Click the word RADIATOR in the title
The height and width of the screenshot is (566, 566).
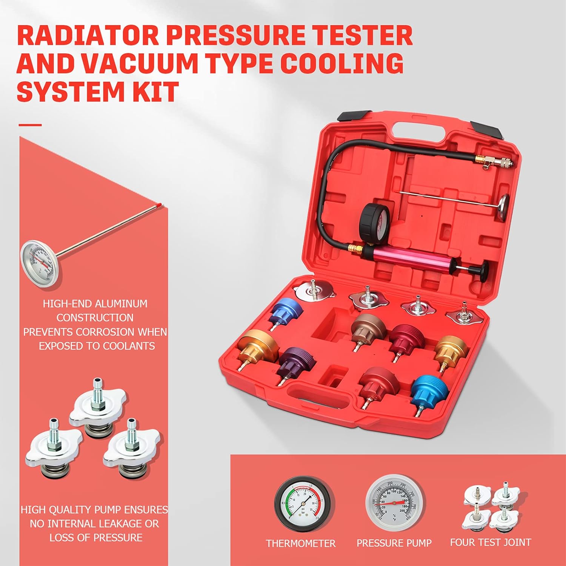click(x=88, y=36)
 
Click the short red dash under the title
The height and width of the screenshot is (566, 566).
click(x=30, y=125)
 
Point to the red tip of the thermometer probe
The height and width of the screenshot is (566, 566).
click(x=161, y=205)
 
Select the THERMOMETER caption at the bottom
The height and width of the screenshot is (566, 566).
click(x=300, y=543)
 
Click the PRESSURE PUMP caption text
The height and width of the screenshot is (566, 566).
click(x=394, y=543)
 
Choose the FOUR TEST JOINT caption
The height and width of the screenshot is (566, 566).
click(x=490, y=542)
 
